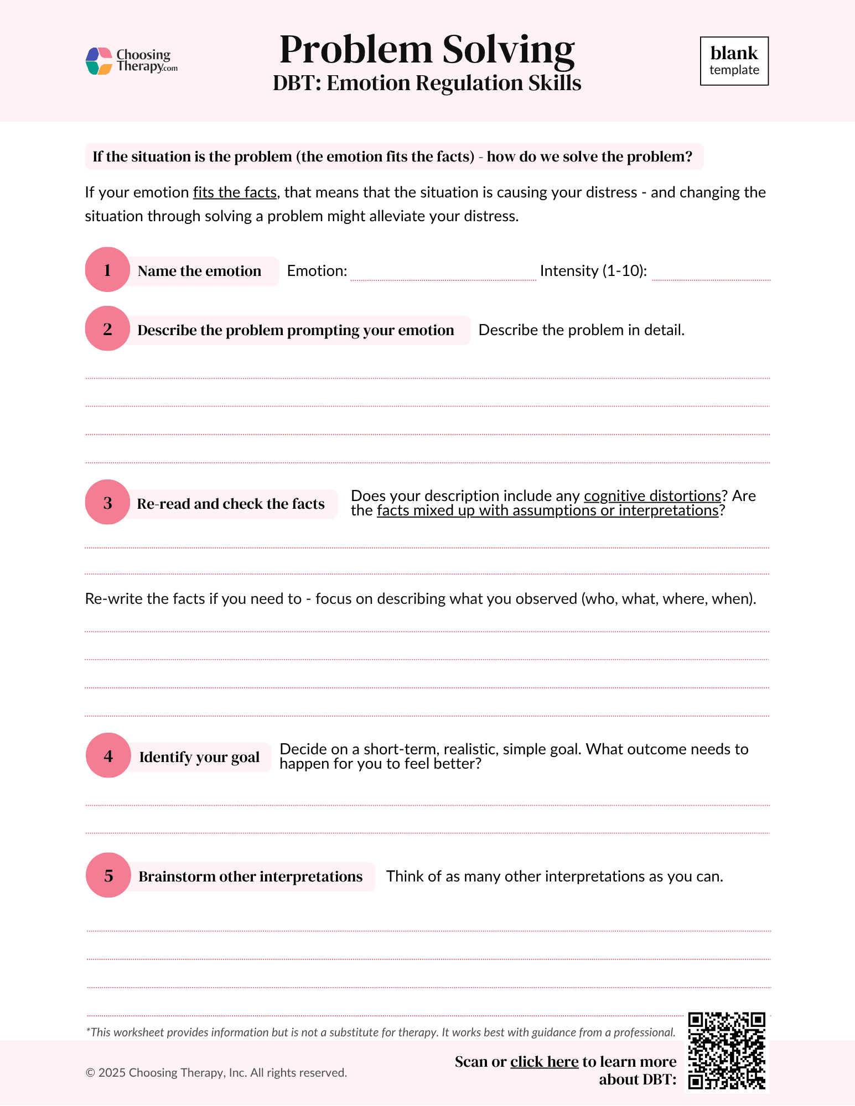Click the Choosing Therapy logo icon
coord(99,61)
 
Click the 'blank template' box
coord(734,61)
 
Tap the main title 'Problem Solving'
coord(427,50)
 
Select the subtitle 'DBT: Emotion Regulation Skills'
coord(427,84)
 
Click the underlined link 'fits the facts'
coord(235,192)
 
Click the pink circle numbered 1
coord(107,270)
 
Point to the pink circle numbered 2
coord(107,329)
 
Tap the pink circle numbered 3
coord(107,503)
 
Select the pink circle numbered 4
coord(108,756)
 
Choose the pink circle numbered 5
coord(108,875)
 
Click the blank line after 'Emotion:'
coord(443,273)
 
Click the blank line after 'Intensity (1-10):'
coord(711,273)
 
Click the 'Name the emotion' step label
coord(199,271)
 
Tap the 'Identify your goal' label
coord(199,757)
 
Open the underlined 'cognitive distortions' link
coord(652,496)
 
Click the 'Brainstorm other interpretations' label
coord(250,877)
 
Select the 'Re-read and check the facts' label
coord(231,504)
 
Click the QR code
coord(727,1051)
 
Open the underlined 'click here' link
coord(544,1062)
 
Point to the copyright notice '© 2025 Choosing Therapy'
coord(216,1073)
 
